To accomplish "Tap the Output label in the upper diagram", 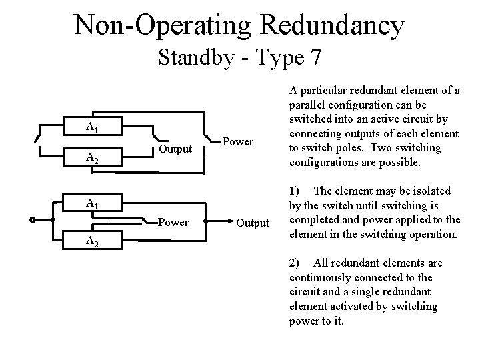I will (176, 149).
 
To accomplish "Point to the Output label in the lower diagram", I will (253, 223).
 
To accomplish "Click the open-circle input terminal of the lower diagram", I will (33, 219).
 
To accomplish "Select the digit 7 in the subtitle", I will (315, 58).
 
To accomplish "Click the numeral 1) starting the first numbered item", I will (295, 191).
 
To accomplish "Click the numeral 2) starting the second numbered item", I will (295, 263).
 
